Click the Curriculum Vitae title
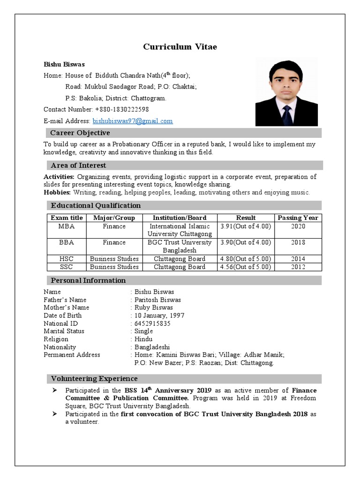(180, 47)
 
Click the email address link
(133, 121)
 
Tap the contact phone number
(122, 109)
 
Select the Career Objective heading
(80, 133)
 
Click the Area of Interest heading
(78, 165)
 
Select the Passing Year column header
(298, 217)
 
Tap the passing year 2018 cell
(298, 242)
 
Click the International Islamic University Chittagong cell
(180, 230)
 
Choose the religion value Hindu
(143, 339)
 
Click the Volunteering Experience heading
(94, 379)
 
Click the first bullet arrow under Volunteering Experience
(55, 390)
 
